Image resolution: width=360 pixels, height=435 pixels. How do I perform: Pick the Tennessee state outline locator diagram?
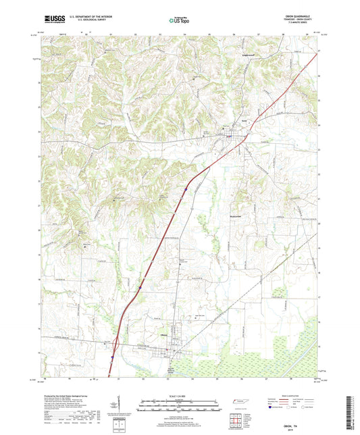click(238, 403)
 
